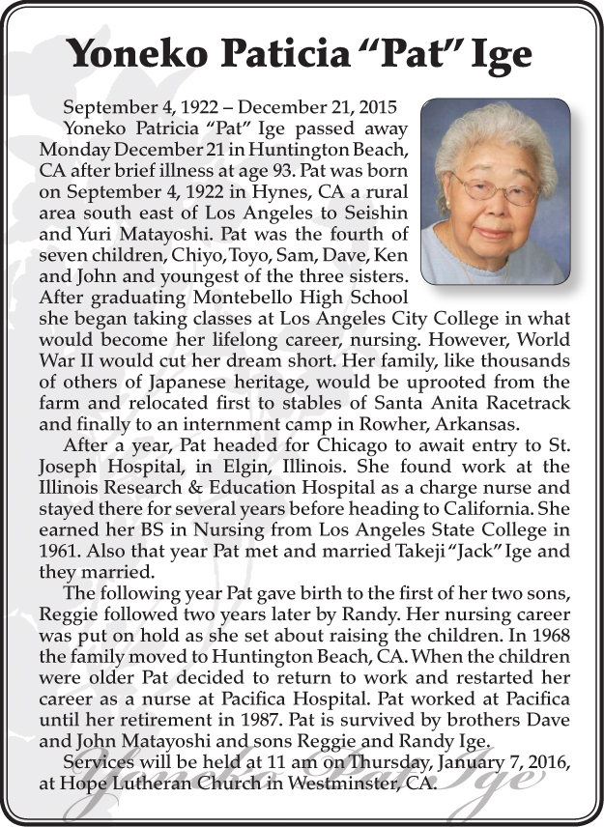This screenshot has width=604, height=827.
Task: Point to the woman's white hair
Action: [496, 135]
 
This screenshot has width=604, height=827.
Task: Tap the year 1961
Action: [60, 551]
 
